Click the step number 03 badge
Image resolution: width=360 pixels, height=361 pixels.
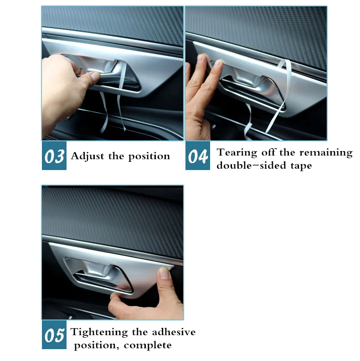tap(54, 155)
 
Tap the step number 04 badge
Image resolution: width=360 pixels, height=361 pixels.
tap(198, 155)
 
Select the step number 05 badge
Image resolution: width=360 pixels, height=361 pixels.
tap(54, 335)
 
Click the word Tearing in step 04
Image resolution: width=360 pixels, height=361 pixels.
tap(237, 153)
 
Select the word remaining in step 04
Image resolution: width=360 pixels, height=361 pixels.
tap(326, 153)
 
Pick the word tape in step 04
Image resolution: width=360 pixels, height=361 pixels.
tap(301, 166)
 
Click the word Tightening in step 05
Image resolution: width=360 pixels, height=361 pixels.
tap(99, 332)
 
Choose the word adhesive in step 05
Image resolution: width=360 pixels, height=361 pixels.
tap(174, 332)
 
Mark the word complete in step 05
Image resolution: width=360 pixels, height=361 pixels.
tap(148, 346)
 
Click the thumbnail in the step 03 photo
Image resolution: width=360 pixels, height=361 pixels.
tap(95, 77)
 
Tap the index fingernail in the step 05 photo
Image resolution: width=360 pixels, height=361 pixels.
tap(164, 273)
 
